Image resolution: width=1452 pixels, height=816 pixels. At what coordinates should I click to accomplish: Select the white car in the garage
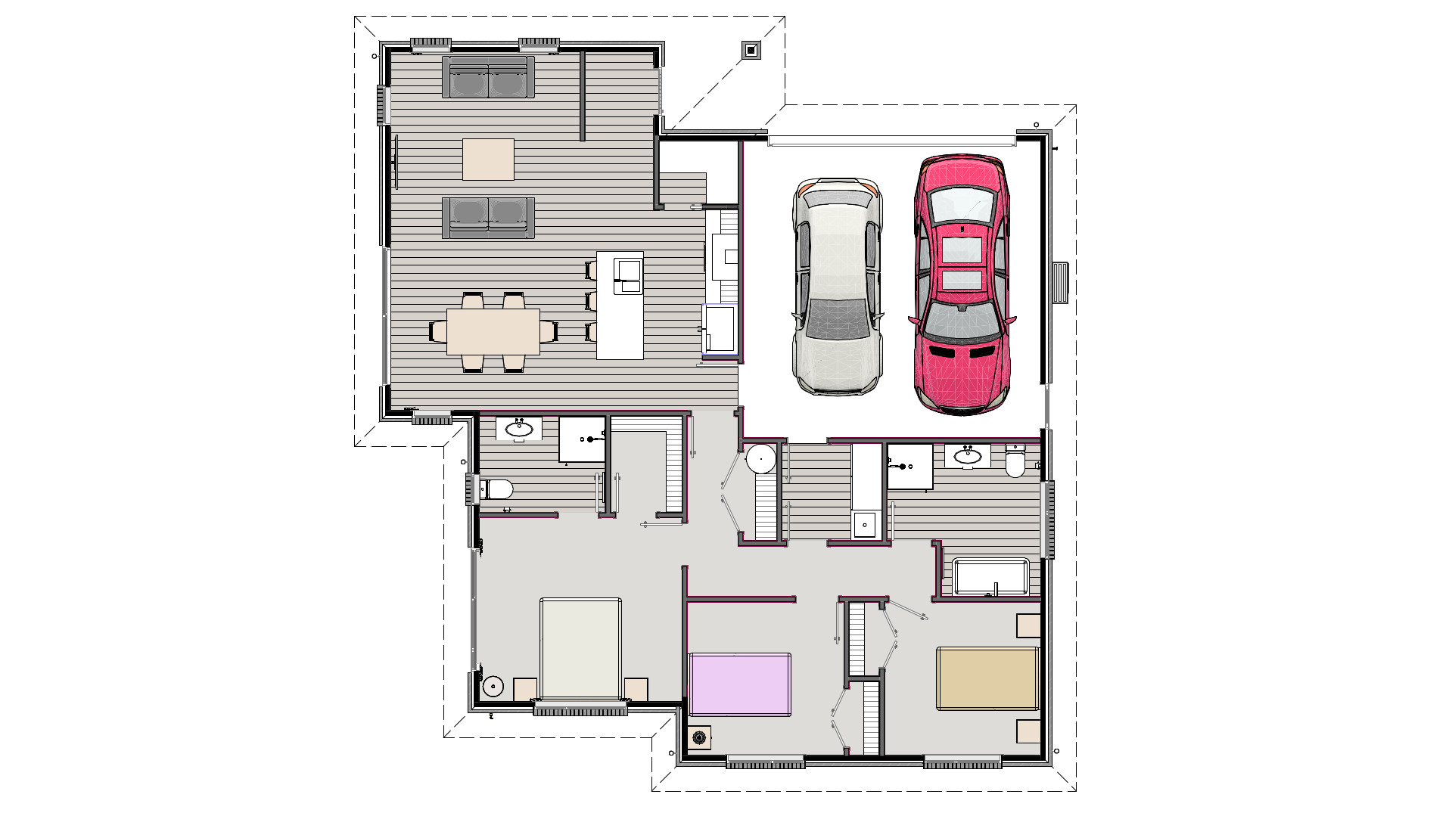pos(838,287)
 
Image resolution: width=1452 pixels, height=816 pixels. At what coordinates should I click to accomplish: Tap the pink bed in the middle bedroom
pos(739,684)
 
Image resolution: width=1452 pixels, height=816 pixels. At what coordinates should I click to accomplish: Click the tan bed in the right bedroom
pos(987,678)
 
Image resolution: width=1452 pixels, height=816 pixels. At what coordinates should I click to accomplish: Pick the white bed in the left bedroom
pos(580,649)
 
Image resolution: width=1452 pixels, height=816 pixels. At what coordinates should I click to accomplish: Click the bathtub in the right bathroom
pos(991,577)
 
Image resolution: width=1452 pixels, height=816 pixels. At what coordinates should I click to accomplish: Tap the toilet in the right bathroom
pos(1015,461)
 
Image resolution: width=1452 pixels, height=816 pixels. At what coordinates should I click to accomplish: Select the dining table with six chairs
pos(493,331)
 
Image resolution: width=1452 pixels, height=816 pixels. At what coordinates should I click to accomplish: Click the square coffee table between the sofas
pos(488,159)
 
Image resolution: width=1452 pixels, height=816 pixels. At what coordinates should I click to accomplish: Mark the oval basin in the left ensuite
pos(519,429)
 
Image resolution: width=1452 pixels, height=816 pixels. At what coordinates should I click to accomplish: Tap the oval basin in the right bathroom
pos(967,456)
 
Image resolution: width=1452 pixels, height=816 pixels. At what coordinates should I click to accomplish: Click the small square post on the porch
pos(751,50)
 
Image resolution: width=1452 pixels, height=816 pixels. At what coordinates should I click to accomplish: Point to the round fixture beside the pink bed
pos(700,737)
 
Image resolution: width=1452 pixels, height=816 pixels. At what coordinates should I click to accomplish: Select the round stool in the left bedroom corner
pos(493,687)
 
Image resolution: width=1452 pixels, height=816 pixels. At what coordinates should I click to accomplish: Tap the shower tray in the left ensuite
pos(581,439)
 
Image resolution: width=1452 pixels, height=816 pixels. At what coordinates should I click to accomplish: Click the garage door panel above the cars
pos(891,141)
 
